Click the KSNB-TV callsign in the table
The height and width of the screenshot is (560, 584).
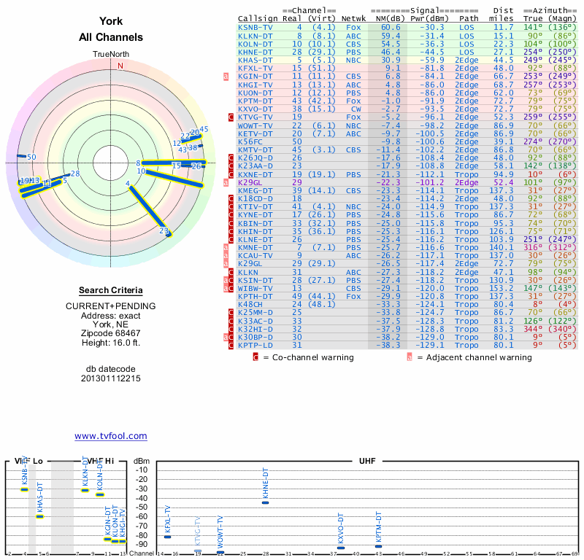255,26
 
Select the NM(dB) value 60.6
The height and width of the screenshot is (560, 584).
391,26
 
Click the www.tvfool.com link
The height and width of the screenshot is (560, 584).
111,436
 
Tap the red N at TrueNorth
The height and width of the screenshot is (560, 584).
120,65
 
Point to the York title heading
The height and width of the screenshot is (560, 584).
111,22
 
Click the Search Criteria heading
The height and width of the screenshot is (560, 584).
111,290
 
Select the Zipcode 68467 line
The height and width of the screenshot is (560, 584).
111,331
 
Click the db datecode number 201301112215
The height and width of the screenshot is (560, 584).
111,378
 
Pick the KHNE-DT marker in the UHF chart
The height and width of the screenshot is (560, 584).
266,502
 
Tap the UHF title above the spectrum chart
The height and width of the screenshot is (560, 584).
367,462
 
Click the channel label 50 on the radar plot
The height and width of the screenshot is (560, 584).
31,157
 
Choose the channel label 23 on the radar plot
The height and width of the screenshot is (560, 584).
164,230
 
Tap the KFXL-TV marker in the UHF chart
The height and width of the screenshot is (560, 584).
168,537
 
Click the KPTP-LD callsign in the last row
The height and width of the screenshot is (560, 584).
255,345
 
